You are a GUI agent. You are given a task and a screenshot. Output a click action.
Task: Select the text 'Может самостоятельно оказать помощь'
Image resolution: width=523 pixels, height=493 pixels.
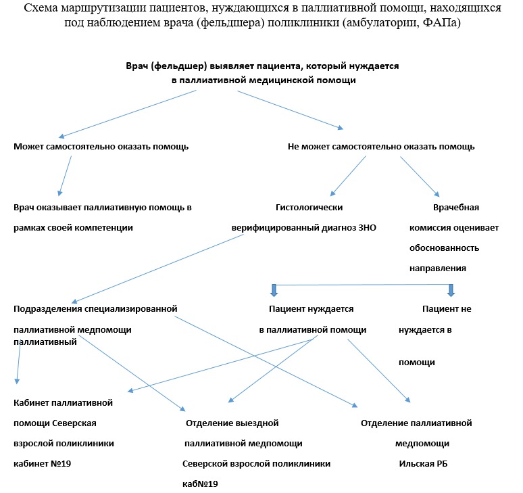[101, 146]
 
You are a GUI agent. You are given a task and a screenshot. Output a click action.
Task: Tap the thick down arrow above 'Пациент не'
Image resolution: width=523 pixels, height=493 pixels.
[451, 290]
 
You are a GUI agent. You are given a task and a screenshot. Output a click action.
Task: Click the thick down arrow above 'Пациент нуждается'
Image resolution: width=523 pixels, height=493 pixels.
[274, 290]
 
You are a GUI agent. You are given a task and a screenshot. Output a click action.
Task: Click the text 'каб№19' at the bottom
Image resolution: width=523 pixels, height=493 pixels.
[201, 484]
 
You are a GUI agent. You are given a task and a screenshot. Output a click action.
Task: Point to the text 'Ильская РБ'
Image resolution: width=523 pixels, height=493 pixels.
[424, 464]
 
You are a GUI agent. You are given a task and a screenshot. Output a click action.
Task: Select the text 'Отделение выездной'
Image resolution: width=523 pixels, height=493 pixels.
[232, 423]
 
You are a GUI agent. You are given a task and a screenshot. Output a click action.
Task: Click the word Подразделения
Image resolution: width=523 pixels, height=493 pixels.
[50, 309]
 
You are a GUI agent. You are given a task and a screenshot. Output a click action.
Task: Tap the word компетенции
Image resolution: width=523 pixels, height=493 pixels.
[102, 227]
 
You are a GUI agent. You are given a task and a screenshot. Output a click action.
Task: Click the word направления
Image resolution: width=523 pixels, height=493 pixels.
[438, 268]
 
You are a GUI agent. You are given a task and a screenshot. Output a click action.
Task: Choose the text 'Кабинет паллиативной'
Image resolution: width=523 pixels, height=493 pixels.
[63, 403]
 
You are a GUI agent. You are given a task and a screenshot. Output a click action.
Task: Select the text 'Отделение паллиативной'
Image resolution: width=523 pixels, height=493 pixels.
[416, 423]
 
